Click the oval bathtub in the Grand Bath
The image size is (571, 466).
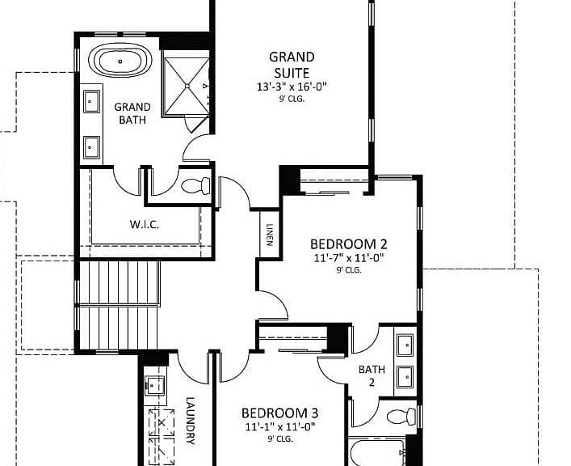120,61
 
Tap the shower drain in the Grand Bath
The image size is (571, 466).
187,86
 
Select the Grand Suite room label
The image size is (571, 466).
292,65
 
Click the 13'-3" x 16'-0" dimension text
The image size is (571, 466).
292,87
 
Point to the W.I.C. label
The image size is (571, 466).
145,224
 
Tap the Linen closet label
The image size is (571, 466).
270,235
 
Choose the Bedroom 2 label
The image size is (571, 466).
349,244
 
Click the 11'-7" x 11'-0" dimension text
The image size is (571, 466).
349,258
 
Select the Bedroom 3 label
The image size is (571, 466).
279,413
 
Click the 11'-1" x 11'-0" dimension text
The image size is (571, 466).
279,426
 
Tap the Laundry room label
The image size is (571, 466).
190,421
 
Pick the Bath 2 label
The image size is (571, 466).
372,376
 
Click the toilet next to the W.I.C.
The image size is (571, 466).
195,186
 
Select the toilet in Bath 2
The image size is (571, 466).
401,416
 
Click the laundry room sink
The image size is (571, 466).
155,386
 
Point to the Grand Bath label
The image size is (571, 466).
132,113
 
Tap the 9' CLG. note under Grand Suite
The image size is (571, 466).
292,99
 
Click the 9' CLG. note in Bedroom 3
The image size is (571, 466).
280,439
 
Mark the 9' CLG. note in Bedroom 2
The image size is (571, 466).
349,270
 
